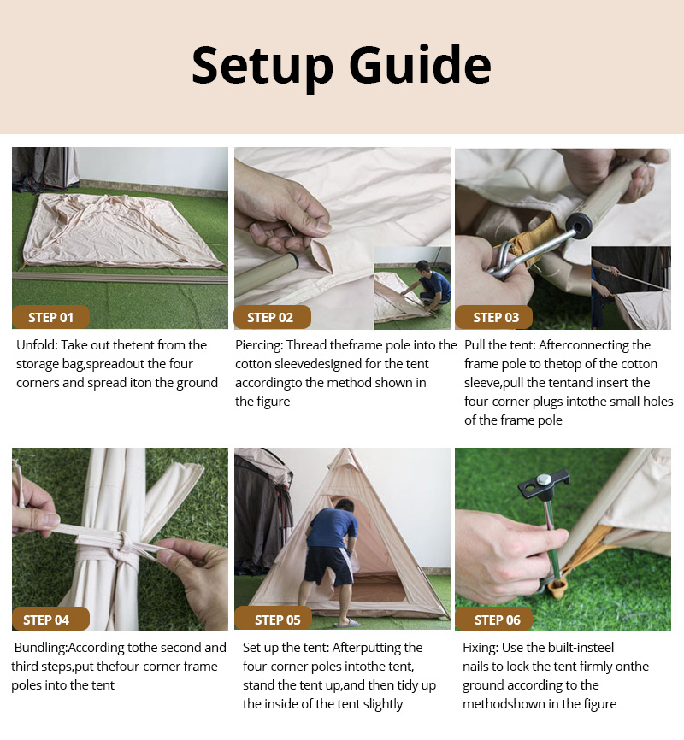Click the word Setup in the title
[x=262, y=66]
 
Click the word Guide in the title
[x=421, y=64]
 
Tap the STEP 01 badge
[x=50, y=317]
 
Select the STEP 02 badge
[x=272, y=317]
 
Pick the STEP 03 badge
[x=494, y=317]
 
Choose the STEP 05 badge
[x=274, y=619]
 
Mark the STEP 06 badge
[x=494, y=619]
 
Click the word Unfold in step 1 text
[x=37, y=345]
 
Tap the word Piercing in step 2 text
[x=259, y=346]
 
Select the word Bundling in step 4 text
[x=41, y=648]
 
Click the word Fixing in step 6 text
[x=480, y=648]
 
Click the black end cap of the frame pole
[x=578, y=223]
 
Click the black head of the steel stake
[x=544, y=485]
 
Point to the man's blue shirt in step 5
[x=332, y=527]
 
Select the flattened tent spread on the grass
[x=123, y=231]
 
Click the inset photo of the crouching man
[x=412, y=287]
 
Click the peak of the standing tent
[x=346, y=449]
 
